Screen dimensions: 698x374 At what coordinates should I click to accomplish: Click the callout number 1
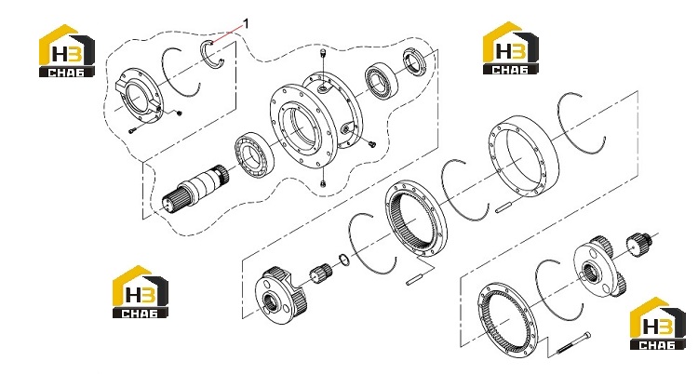coord(247,22)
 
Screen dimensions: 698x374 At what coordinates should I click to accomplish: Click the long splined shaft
coord(195,188)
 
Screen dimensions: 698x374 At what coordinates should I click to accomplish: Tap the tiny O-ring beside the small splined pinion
coord(343,260)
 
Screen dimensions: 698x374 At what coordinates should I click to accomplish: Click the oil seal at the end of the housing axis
coord(415,61)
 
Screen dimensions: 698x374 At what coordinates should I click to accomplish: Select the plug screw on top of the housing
coord(323,55)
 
